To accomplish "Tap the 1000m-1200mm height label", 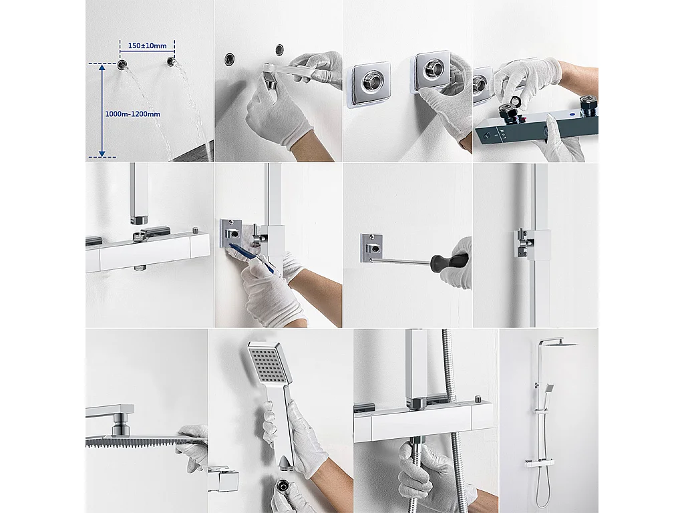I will (x=132, y=114).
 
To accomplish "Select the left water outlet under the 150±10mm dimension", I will (x=123, y=64).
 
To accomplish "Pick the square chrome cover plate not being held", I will (x=367, y=84).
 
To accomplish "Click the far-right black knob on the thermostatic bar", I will (x=588, y=104).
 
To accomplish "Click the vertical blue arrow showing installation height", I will (x=102, y=110).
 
